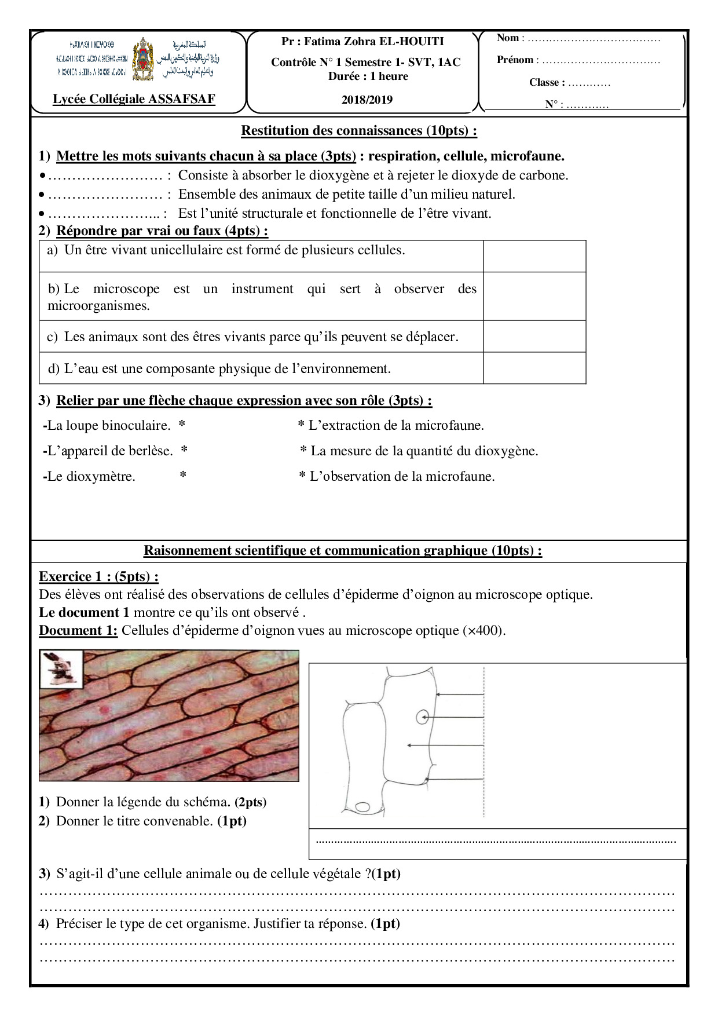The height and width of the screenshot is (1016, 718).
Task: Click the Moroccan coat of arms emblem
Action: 144,59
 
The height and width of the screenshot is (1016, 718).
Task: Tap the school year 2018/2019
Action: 367,100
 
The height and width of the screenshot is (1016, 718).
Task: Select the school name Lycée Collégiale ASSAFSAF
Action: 134,99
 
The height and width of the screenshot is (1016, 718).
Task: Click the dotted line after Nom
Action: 594,39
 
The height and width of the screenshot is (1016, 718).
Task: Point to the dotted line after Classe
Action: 589,83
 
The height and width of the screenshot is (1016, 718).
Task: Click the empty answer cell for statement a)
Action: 534,256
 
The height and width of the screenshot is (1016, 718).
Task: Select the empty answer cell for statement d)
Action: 534,368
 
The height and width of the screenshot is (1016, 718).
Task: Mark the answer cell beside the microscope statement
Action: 534,296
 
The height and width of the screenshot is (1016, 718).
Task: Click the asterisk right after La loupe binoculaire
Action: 182,426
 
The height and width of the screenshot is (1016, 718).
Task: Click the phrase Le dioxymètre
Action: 91,477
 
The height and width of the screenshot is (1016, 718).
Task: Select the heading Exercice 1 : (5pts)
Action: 98,576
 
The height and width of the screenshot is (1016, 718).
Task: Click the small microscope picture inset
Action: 61,668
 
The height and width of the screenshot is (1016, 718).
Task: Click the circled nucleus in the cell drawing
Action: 422,718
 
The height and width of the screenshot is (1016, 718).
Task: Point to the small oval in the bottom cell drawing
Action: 362,806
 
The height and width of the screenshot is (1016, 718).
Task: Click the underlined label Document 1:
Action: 78,630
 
